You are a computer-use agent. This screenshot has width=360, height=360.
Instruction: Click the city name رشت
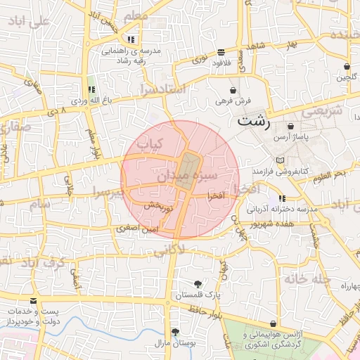pyautogui.click(x=254, y=120)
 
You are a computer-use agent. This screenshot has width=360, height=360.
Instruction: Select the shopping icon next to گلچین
pyautogui.click(x=347, y=67)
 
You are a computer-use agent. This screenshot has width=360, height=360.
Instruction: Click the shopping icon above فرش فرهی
pyautogui.click(x=233, y=90)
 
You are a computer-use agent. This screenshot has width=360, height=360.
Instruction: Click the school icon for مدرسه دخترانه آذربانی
pyautogui.click(x=283, y=199)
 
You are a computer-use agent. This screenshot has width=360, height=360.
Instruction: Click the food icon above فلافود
pyautogui.click(x=221, y=52)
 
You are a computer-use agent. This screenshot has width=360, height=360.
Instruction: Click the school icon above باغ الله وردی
pyautogui.click(x=91, y=90)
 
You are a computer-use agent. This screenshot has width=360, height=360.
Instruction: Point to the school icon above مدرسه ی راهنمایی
pyautogui.click(x=131, y=39)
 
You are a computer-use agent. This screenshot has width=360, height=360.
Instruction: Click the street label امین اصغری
pyautogui.click(x=137, y=229)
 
